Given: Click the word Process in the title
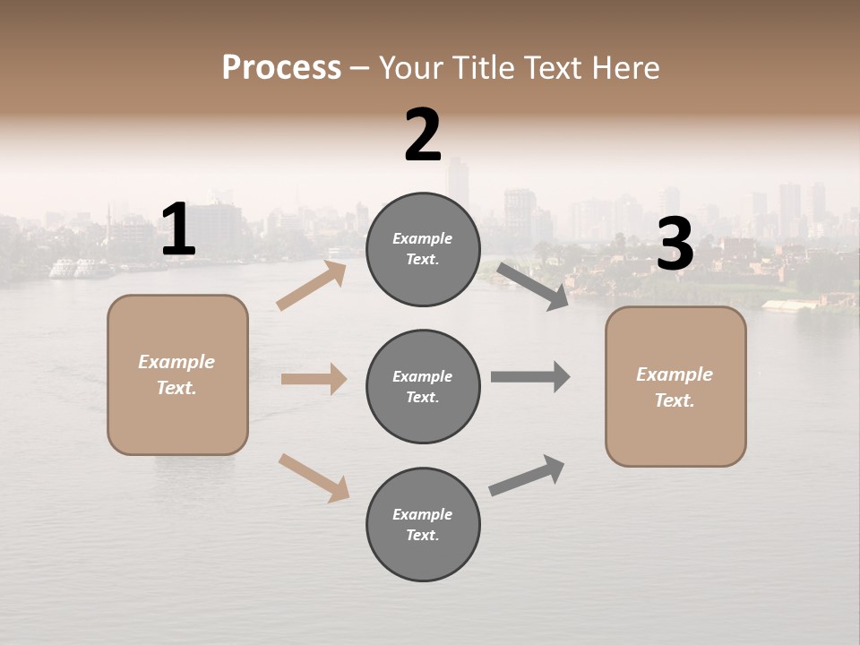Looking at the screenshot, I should click(x=281, y=68).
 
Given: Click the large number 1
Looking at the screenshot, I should click(x=178, y=230).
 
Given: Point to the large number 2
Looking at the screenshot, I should click(x=423, y=135).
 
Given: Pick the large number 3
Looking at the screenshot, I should click(x=675, y=245).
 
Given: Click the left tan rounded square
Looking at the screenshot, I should click(x=177, y=374).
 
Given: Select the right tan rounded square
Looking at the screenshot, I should click(x=675, y=387).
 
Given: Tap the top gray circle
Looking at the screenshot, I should click(x=423, y=249).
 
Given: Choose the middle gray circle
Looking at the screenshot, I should click(x=423, y=387).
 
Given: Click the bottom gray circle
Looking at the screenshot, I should click(x=423, y=525).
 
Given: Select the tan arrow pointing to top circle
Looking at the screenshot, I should click(x=312, y=285).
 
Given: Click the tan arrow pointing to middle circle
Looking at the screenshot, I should click(x=314, y=379).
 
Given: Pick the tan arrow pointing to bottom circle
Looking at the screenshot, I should click(x=314, y=477).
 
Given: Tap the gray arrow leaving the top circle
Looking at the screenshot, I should click(x=533, y=286).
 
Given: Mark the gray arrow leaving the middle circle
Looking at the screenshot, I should click(x=530, y=377).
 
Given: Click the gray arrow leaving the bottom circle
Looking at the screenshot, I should click(x=527, y=476).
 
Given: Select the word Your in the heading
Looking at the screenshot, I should click(x=410, y=68).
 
